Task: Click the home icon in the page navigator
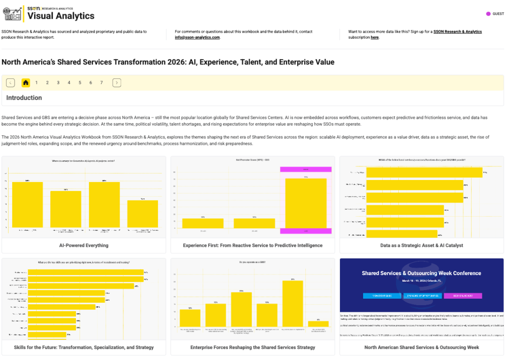tap(26, 82)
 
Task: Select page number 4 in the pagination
tap(69, 82)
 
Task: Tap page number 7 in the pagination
tap(102, 82)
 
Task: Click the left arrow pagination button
tap(11, 82)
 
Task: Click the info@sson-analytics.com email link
tap(197, 37)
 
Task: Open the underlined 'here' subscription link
tap(375, 37)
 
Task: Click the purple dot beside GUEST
tap(488, 14)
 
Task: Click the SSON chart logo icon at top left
tap(13, 14)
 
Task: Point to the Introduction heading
tap(24, 98)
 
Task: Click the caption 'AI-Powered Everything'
tap(83, 245)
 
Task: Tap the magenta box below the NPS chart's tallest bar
tap(305, 231)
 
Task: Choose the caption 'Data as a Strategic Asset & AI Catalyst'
tap(421, 245)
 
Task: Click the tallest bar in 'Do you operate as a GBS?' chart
tap(293, 303)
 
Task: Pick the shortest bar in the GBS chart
tap(318, 324)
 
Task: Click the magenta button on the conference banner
tap(463, 296)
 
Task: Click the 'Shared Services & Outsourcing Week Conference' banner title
tap(421, 274)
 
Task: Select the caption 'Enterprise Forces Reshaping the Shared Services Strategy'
tap(252, 347)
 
